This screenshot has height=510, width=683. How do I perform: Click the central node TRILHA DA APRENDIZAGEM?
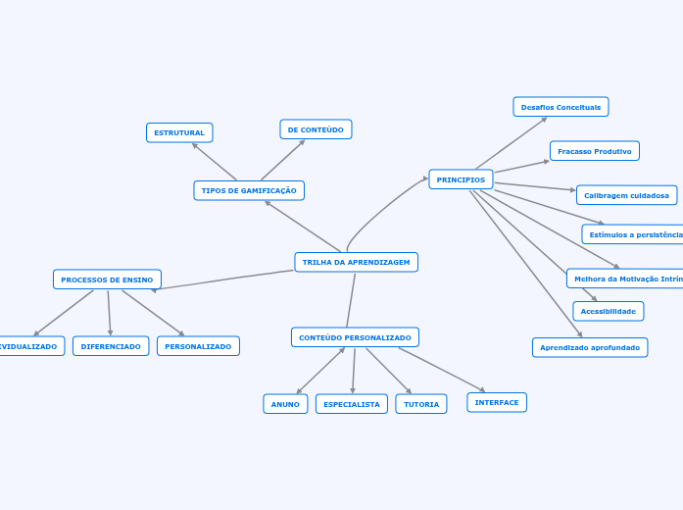tap(356, 262)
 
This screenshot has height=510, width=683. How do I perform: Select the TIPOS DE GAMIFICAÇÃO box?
tap(249, 190)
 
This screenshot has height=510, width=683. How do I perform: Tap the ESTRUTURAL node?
tap(179, 132)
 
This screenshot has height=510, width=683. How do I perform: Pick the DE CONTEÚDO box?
tap(316, 129)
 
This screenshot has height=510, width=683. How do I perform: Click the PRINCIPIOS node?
tap(461, 179)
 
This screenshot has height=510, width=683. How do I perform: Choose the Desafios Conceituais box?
tap(561, 107)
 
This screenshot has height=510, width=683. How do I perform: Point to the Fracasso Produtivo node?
tap(594, 151)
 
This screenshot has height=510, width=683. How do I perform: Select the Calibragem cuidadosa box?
tap(626, 195)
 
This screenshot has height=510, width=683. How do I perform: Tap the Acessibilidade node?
tap(608, 311)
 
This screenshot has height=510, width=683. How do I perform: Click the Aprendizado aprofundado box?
tap(589, 347)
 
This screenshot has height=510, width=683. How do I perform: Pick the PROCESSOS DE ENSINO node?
tap(107, 280)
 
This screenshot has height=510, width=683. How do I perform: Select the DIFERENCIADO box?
tap(111, 346)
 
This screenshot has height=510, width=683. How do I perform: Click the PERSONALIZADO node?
tap(198, 346)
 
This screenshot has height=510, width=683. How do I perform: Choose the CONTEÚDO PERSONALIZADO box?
tap(355, 337)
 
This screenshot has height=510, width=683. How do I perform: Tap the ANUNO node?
tap(285, 404)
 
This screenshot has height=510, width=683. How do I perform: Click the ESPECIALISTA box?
tap(351, 404)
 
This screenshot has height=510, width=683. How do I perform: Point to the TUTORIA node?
tap(421, 404)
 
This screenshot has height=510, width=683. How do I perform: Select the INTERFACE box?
tap(497, 402)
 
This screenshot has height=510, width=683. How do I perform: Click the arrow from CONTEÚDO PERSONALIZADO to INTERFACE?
tap(441, 370)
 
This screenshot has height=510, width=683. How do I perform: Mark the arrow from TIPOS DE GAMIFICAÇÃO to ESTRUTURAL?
tap(215, 162)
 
